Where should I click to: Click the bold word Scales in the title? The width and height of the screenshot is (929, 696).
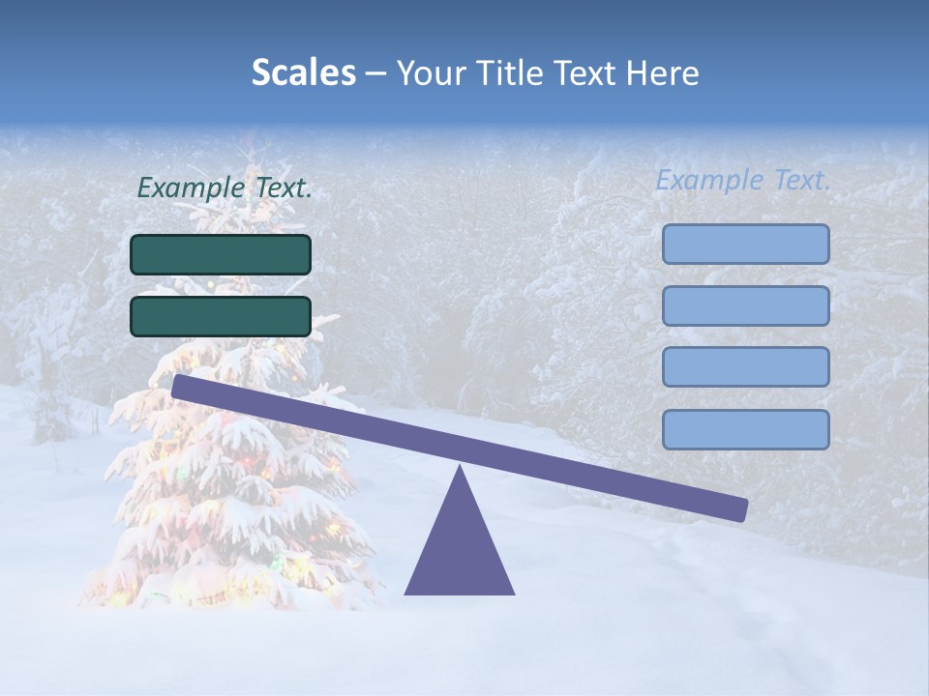[x=303, y=72]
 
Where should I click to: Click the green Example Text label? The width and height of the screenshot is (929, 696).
[x=225, y=188]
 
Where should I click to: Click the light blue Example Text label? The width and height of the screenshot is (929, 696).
[x=743, y=180]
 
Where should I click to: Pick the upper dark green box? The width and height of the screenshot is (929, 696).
[x=221, y=254]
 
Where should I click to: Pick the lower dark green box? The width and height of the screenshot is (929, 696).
[x=221, y=316]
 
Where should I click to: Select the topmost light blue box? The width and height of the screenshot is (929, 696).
[x=745, y=244]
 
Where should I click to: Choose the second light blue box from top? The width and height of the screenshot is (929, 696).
[x=745, y=305]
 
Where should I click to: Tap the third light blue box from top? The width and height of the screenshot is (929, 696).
[x=745, y=366]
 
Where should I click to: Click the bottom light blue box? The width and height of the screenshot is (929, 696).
[x=745, y=429]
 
